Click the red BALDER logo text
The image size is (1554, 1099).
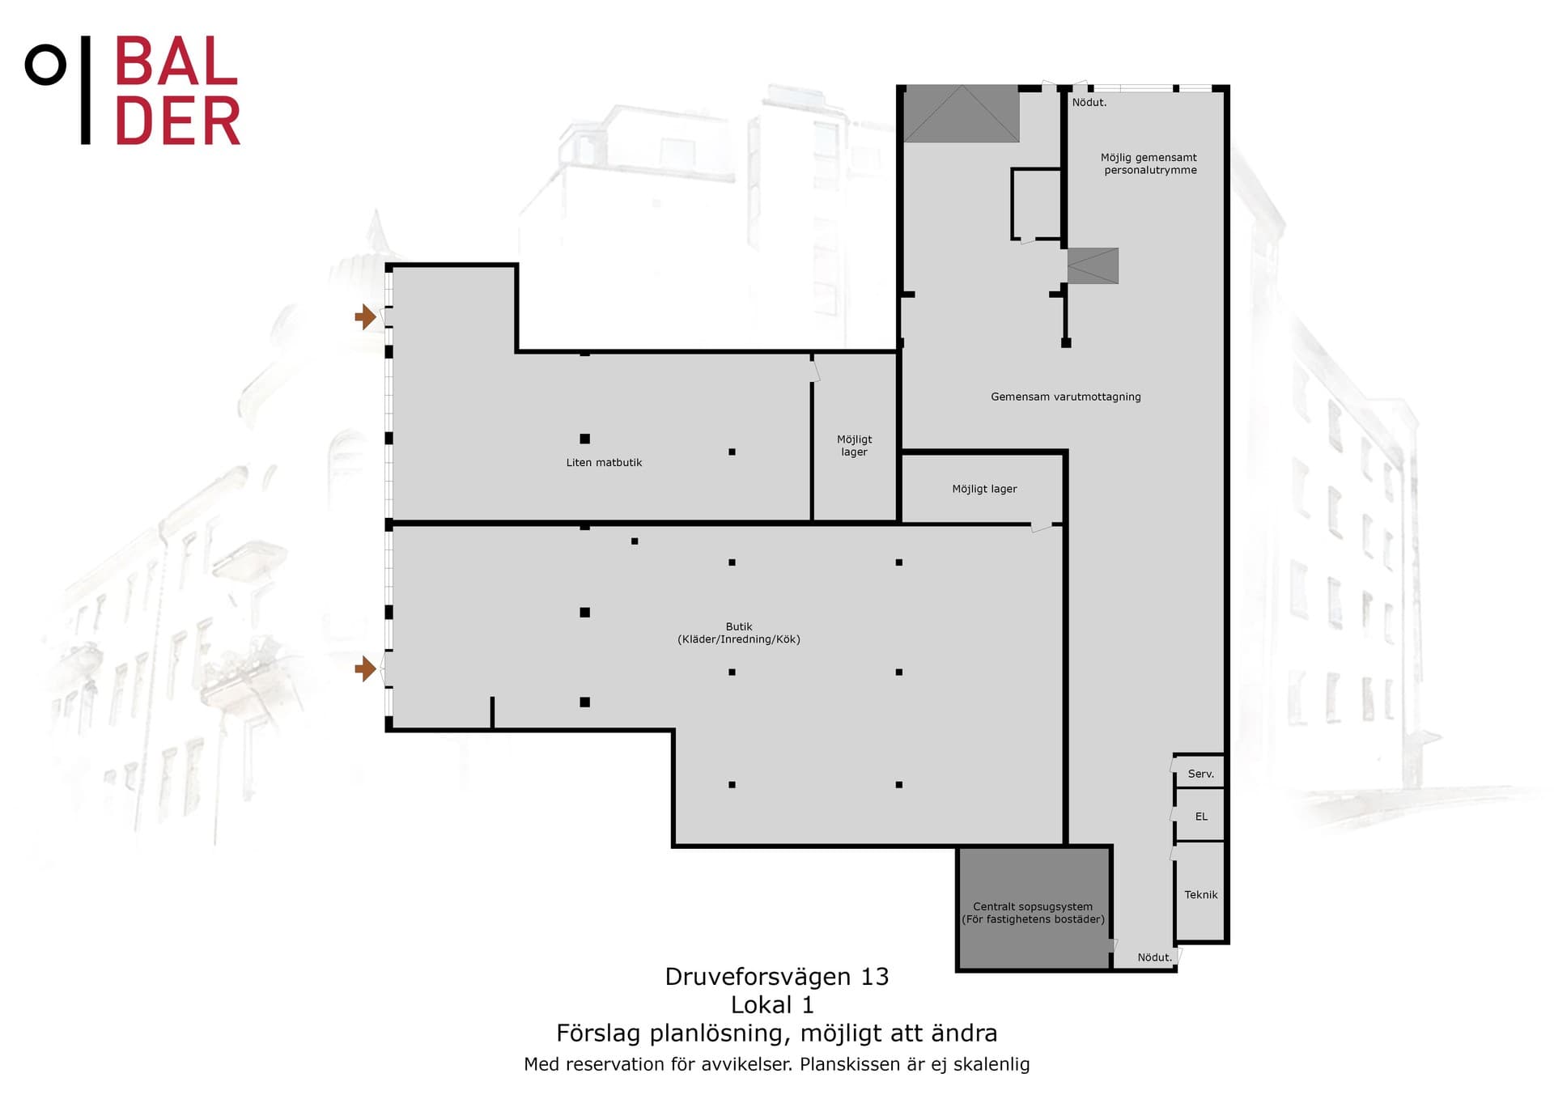tap(177, 91)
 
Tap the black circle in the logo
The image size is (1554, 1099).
tap(45, 66)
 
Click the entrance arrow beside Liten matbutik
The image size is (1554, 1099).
tap(366, 316)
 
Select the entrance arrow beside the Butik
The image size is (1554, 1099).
tap(366, 668)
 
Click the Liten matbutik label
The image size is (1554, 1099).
tap(604, 463)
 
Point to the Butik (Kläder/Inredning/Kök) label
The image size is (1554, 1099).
tap(739, 633)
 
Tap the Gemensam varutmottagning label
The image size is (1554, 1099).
tap(1066, 397)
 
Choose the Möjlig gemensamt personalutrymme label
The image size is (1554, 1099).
tap(1149, 163)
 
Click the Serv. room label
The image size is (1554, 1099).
tap(1201, 774)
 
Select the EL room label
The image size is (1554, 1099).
tap(1201, 817)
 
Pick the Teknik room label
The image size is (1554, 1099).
tap(1201, 894)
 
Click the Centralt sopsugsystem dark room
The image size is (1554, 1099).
tap(1034, 908)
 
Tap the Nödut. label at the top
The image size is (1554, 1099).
tap(1089, 103)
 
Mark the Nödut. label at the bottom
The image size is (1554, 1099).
tap(1155, 957)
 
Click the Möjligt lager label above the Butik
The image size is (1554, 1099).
tap(984, 489)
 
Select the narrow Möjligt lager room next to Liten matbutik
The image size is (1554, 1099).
tap(855, 438)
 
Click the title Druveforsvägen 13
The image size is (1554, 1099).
tap(777, 977)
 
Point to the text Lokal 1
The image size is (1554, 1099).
tap(772, 1005)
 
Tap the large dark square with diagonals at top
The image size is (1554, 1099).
tap(962, 113)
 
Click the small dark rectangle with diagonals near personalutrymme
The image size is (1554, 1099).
tap(1093, 265)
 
